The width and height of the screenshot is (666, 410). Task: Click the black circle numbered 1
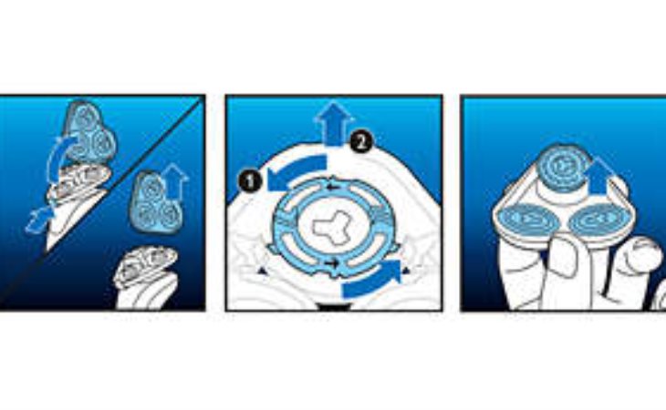pyautogui.click(x=251, y=181)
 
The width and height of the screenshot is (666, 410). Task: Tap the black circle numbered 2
pyautogui.click(x=361, y=142)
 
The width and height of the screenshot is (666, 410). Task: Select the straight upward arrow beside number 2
pyautogui.click(x=334, y=124)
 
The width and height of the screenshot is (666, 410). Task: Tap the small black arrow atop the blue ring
pyautogui.click(x=333, y=187)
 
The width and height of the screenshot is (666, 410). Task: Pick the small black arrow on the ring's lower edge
pyautogui.click(x=332, y=263)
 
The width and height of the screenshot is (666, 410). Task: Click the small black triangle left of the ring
pyautogui.click(x=263, y=271)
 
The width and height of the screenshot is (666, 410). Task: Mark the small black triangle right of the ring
pyautogui.click(x=407, y=271)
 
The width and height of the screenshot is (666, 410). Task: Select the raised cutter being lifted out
pyautogui.click(x=563, y=168)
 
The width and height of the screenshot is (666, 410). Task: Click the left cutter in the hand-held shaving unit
pyautogui.click(x=527, y=220)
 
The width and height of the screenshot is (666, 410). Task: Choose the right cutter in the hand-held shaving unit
pyautogui.click(x=598, y=219)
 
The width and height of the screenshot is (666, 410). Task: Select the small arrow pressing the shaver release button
pyautogui.click(x=38, y=220)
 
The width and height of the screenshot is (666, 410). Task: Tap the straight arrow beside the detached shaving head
pyautogui.click(x=175, y=181)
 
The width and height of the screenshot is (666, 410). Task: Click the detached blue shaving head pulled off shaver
pyautogui.click(x=156, y=202)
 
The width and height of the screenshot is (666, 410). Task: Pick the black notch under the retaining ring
pyautogui.click(x=335, y=307)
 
